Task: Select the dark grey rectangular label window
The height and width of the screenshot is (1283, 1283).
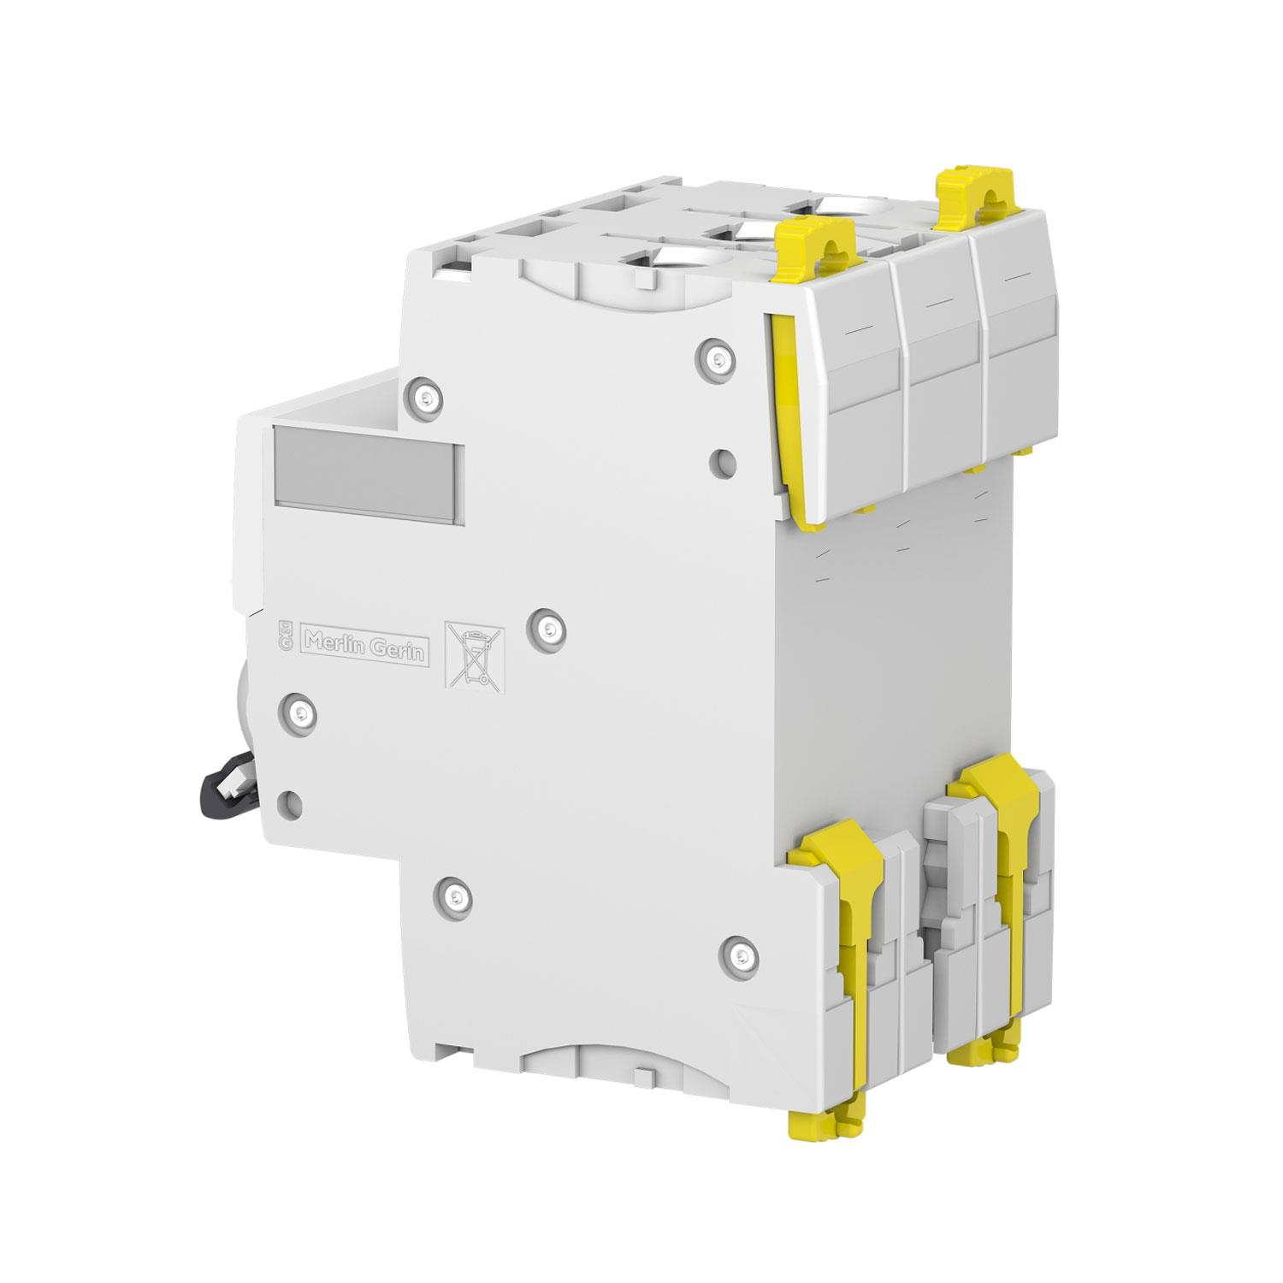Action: pos(368,475)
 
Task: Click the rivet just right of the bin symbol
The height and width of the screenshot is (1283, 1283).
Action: pos(548,629)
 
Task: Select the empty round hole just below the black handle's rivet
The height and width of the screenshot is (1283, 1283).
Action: pos(291,802)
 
